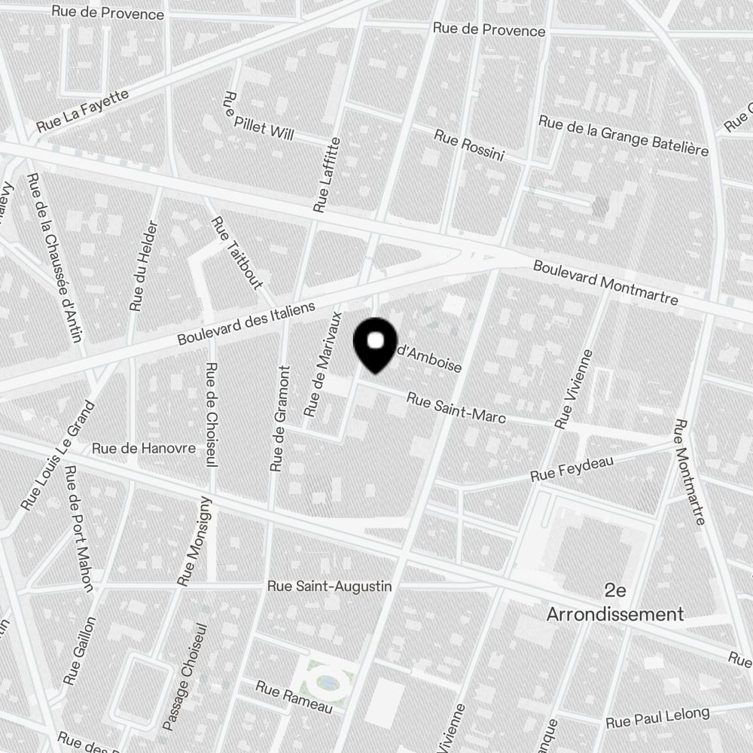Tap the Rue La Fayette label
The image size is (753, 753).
click(x=82, y=111)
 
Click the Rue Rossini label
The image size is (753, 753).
click(x=468, y=145)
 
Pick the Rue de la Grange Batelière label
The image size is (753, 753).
click(x=623, y=136)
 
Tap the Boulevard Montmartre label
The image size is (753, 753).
click(x=605, y=282)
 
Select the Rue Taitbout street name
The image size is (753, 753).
click(x=236, y=253)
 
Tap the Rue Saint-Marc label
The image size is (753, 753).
click(x=456, y=407)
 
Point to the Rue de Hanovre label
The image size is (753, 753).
click(x=143, y=448)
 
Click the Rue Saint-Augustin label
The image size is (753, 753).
click(x=330, y=585)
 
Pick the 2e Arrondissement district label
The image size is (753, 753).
click(x=615, y=602)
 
